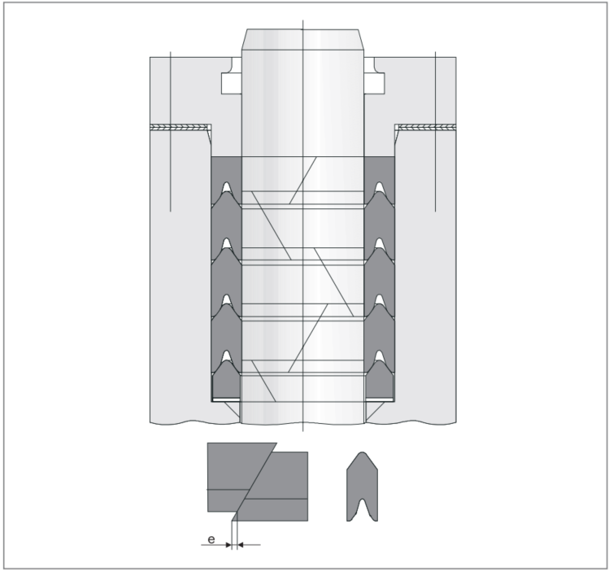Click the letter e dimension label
(x=211, y=539)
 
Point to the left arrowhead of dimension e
(x=228, y=545)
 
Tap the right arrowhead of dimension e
(x=240, y=545)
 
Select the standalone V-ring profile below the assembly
(x=362, y=487)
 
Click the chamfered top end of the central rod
(x=302, y=39)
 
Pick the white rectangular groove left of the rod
(x=232, y=83)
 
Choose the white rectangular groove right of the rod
(x=374, y=83)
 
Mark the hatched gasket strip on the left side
(x=181, y=128)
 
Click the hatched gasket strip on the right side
(x=425, y=128)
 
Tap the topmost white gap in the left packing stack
(x=226, y=188)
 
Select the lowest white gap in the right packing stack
(x=380, y=356)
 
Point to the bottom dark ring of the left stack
(x=226, y=380)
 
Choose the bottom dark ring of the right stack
(x=380, y=380)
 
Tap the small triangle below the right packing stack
(x=373, y=408)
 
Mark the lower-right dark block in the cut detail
(x=272, y=487)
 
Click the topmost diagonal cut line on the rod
(x=303, y=181)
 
